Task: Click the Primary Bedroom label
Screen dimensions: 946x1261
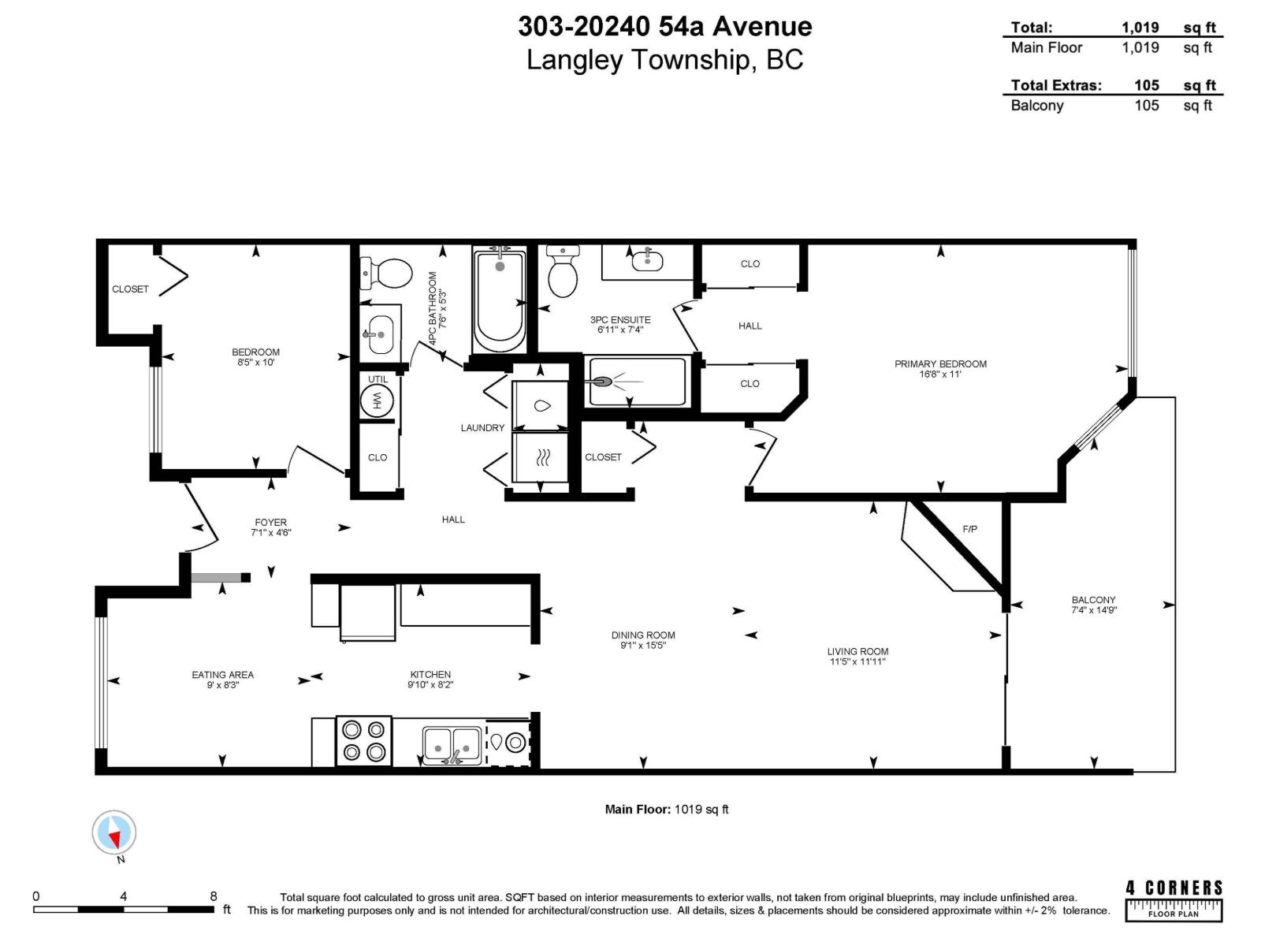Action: pos(940,363)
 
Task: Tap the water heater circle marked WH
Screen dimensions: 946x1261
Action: pos(377,402)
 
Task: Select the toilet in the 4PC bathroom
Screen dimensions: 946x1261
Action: pos(388,273)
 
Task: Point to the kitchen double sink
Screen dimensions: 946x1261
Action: pos(452,743)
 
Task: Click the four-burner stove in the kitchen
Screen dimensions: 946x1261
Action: pos(364,741)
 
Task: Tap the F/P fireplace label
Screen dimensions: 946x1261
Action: pos(969,529)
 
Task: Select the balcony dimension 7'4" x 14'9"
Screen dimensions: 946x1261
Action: pos(1094,610)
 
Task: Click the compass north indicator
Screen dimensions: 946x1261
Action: pos(114,833)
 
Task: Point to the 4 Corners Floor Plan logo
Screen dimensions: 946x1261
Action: pos(1174,899)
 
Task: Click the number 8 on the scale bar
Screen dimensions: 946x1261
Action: pos(214,896)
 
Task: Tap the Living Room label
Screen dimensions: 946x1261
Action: pos(857,651)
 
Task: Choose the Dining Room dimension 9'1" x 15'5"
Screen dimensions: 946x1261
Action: pos(643,646)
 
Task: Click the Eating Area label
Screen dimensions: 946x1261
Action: pos(223,674)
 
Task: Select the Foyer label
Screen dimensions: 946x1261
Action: pos(270,522)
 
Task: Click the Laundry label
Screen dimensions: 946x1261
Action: pos(482,428)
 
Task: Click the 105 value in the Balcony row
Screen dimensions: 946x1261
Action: pos(1146,106)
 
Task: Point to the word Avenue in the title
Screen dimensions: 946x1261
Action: pos(762,26)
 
